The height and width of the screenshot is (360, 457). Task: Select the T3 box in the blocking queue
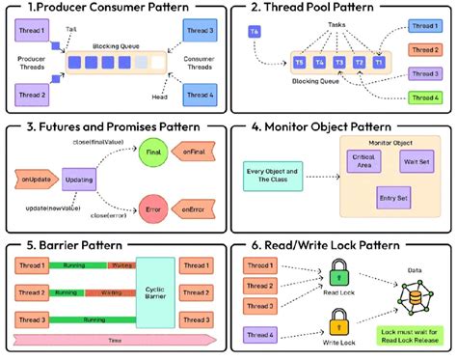point(339,64)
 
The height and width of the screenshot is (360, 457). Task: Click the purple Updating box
point(79,180)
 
